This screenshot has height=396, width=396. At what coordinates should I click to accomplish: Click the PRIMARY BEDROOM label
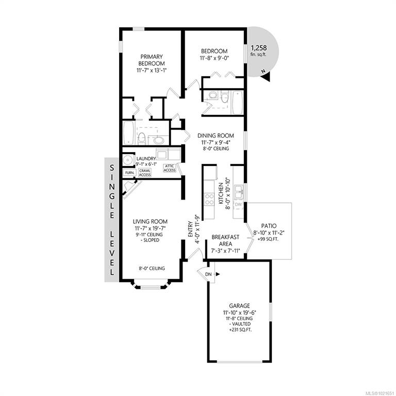tap(152, 60)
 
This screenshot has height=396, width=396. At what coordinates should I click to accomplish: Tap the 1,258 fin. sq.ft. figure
tap(259, 50)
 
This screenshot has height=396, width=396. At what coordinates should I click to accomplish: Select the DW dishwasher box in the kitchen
tap(238, 204)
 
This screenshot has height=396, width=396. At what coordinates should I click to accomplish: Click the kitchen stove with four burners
tap(209, 199)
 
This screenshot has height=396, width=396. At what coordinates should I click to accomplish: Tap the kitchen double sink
tap(239, 192)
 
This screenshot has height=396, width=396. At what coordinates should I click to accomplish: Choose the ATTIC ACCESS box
tap(170, 168)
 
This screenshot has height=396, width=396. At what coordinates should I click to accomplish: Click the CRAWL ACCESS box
tap(145, 173)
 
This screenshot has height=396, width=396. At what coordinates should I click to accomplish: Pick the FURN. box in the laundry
tap(130, 173)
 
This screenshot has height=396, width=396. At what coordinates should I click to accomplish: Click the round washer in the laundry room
tap(128, 160)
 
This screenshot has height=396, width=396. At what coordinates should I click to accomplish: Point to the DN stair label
tap(208, 274)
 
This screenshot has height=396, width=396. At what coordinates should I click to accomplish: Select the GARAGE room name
tap(239, 306)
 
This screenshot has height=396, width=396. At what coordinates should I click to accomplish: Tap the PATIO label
tap(269, 226)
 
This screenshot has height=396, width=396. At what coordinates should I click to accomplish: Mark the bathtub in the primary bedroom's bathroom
tap(129, 133)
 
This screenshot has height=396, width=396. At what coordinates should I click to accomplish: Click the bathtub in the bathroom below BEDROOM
tap(237, 103)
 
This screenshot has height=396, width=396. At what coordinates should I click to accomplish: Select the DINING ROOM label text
tap(216, 136)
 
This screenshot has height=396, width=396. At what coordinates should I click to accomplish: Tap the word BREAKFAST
tap(225, 237)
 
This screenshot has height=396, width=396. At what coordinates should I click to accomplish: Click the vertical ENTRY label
tap(190, 229)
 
